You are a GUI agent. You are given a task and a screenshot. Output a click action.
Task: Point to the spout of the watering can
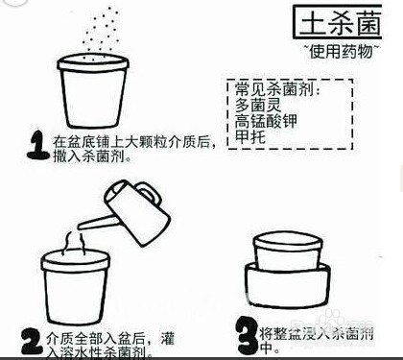[x=88, y=224]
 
